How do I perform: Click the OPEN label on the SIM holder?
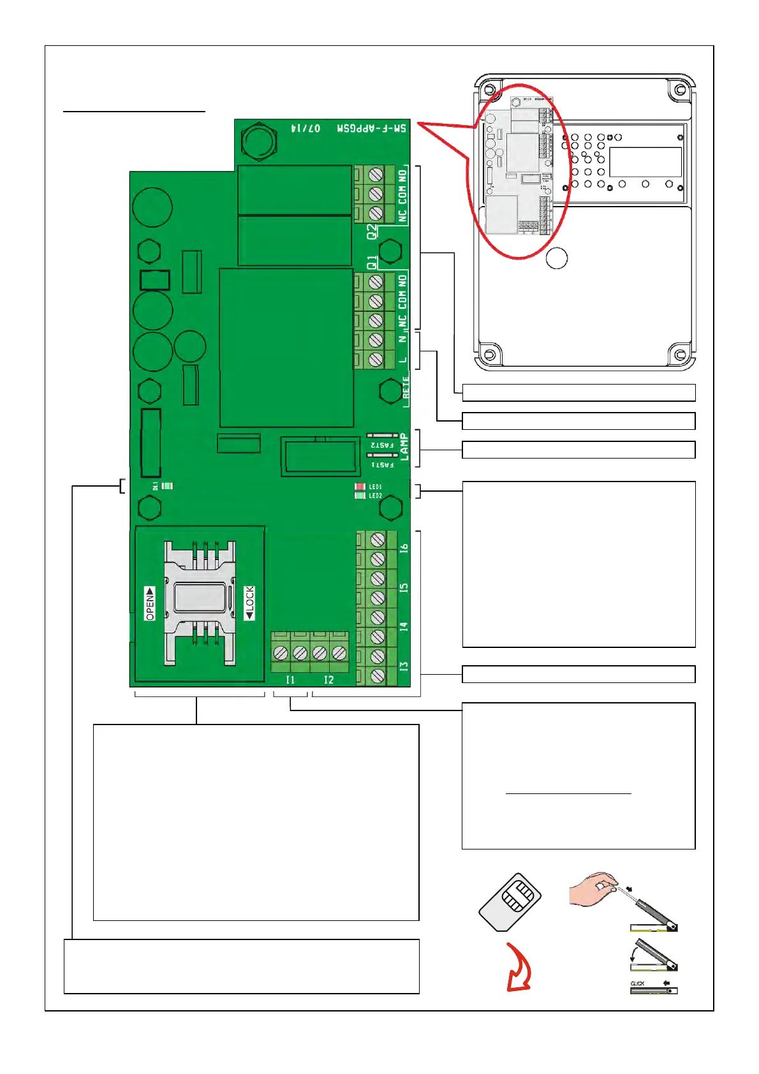150,603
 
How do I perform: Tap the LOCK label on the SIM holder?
249,603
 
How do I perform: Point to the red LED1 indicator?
360,487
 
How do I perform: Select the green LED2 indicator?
360,496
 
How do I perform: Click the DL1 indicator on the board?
167,486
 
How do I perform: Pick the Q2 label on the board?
372,232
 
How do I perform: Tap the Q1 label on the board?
372,262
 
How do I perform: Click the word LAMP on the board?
404,447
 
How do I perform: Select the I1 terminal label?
290,680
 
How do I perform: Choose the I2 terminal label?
328,680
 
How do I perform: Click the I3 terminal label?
404,666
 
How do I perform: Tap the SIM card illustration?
510,902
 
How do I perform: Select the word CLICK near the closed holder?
637,983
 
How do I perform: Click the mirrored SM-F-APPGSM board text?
372,128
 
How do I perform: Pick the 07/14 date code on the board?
306,128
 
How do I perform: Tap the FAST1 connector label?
382,465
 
